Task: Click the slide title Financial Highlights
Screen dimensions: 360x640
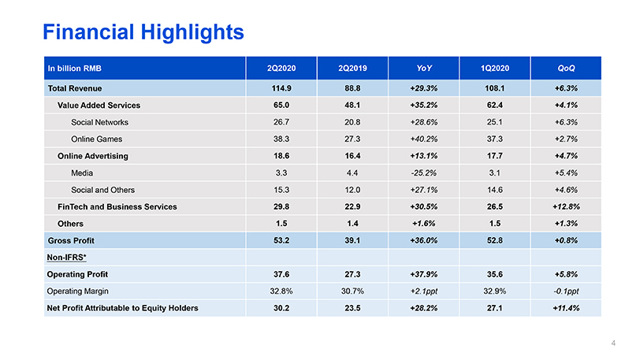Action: point(143,32)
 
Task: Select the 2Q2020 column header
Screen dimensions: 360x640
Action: point(281,68)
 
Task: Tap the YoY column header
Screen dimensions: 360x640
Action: point(423,68)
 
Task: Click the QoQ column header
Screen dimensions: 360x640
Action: point(565,68)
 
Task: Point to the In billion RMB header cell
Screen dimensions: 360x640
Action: point(73,68)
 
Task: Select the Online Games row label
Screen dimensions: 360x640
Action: point(95,139)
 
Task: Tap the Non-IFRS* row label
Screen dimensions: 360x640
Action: point(69,257)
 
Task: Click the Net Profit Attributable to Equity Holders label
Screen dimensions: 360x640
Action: point(123,307)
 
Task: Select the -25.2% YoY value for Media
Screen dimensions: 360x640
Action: point(423,173)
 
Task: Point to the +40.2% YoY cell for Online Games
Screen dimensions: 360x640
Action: point(423,139)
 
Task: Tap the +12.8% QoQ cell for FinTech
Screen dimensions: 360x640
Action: point(565,206)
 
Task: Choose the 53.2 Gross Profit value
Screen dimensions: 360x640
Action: point(281,240)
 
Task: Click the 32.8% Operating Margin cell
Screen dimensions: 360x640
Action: point(281,291)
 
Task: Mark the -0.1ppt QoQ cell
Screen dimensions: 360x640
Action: point(565,291)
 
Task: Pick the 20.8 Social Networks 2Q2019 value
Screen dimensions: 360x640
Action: point(352,122)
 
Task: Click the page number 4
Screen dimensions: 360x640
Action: point(613,343)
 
